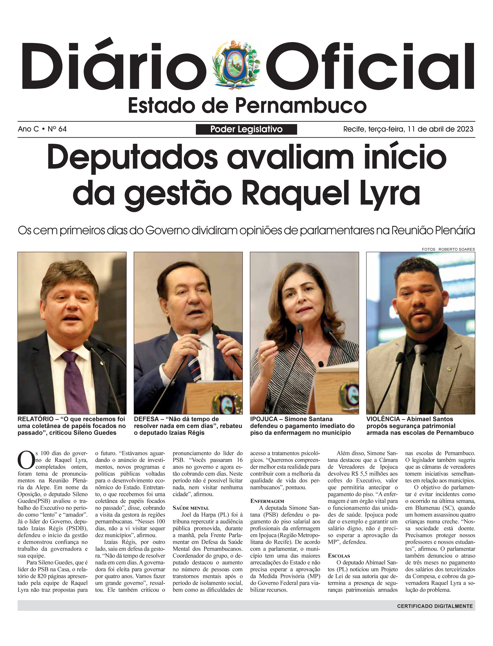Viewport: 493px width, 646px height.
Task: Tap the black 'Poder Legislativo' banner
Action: tap(246, 129)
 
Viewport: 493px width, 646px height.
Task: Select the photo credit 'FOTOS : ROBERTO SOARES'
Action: tap(448, 249)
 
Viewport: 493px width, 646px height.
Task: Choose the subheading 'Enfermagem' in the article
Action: tap(267, 501)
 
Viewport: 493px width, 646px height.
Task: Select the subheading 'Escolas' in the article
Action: tap(339, 556)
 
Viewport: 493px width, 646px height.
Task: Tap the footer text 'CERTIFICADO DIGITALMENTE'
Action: tap(435, 606)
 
